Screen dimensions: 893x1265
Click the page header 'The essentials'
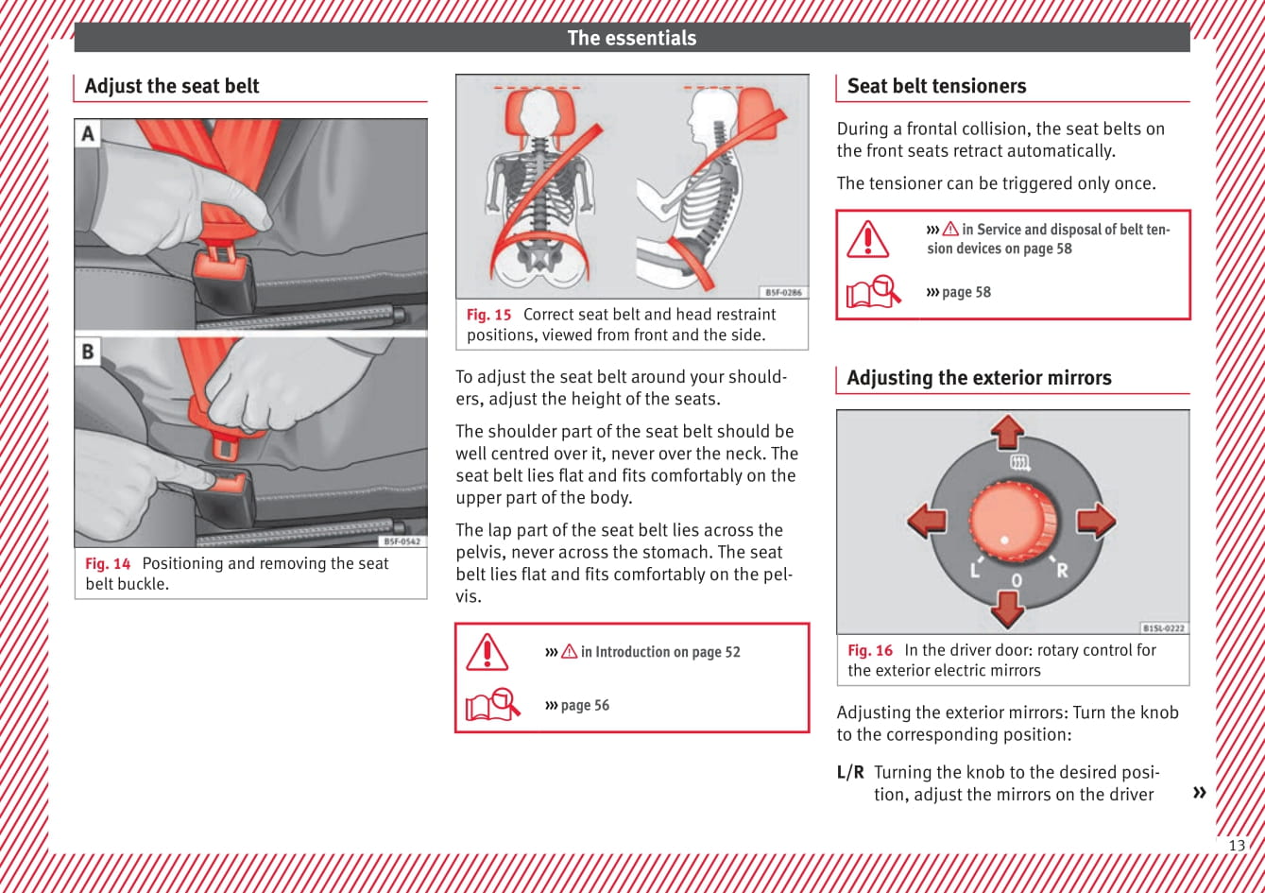[631, 38]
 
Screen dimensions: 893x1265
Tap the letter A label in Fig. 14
[88, 133]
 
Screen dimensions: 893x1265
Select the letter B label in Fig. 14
[88, 352]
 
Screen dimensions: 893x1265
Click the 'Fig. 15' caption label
[488, 315]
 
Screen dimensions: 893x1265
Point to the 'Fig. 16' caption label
[869, 650]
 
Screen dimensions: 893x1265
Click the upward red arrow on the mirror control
[1008, 432]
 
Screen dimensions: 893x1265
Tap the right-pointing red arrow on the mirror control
[1095, 520]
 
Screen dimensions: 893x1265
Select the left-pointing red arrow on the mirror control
[927, 520]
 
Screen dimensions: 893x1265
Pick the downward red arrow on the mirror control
[1008, 608]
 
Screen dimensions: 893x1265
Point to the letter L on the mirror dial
[973, 570]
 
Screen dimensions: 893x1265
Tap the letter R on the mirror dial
[1062, 570]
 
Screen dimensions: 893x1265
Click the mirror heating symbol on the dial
[1020, 463]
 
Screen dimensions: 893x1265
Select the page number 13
[1236, 846]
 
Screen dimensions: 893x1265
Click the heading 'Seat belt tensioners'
[936, 86]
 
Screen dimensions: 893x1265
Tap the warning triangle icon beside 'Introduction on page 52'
[487, 651]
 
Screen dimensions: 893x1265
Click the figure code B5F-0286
[783, 293]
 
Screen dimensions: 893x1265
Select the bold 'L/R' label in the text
[850, 772]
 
